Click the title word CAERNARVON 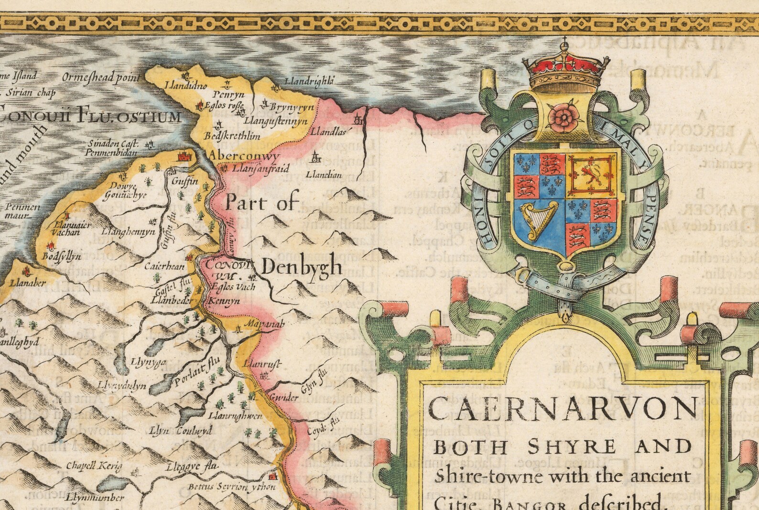[562, 409]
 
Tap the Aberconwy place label [243, 156]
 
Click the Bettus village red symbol [273, 477]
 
